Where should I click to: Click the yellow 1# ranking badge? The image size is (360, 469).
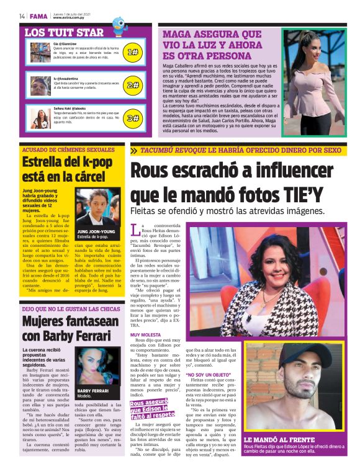tap(132, 53)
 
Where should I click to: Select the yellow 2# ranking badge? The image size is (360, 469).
tap(132, 85)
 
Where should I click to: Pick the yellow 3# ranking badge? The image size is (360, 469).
tap(132, 117)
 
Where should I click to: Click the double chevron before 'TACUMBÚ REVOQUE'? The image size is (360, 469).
tap(134, 150)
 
